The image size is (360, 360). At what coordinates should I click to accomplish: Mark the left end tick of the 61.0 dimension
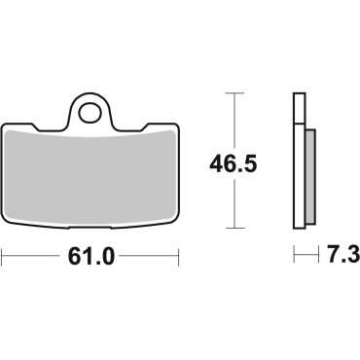click(x=3, y=257)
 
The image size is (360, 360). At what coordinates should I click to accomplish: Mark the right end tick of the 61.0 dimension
click(x=180, y=257)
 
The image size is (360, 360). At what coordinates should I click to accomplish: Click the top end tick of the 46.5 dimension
click(x=229, y=93)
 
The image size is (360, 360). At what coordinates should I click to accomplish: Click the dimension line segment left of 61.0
click(x=34, y=257)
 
